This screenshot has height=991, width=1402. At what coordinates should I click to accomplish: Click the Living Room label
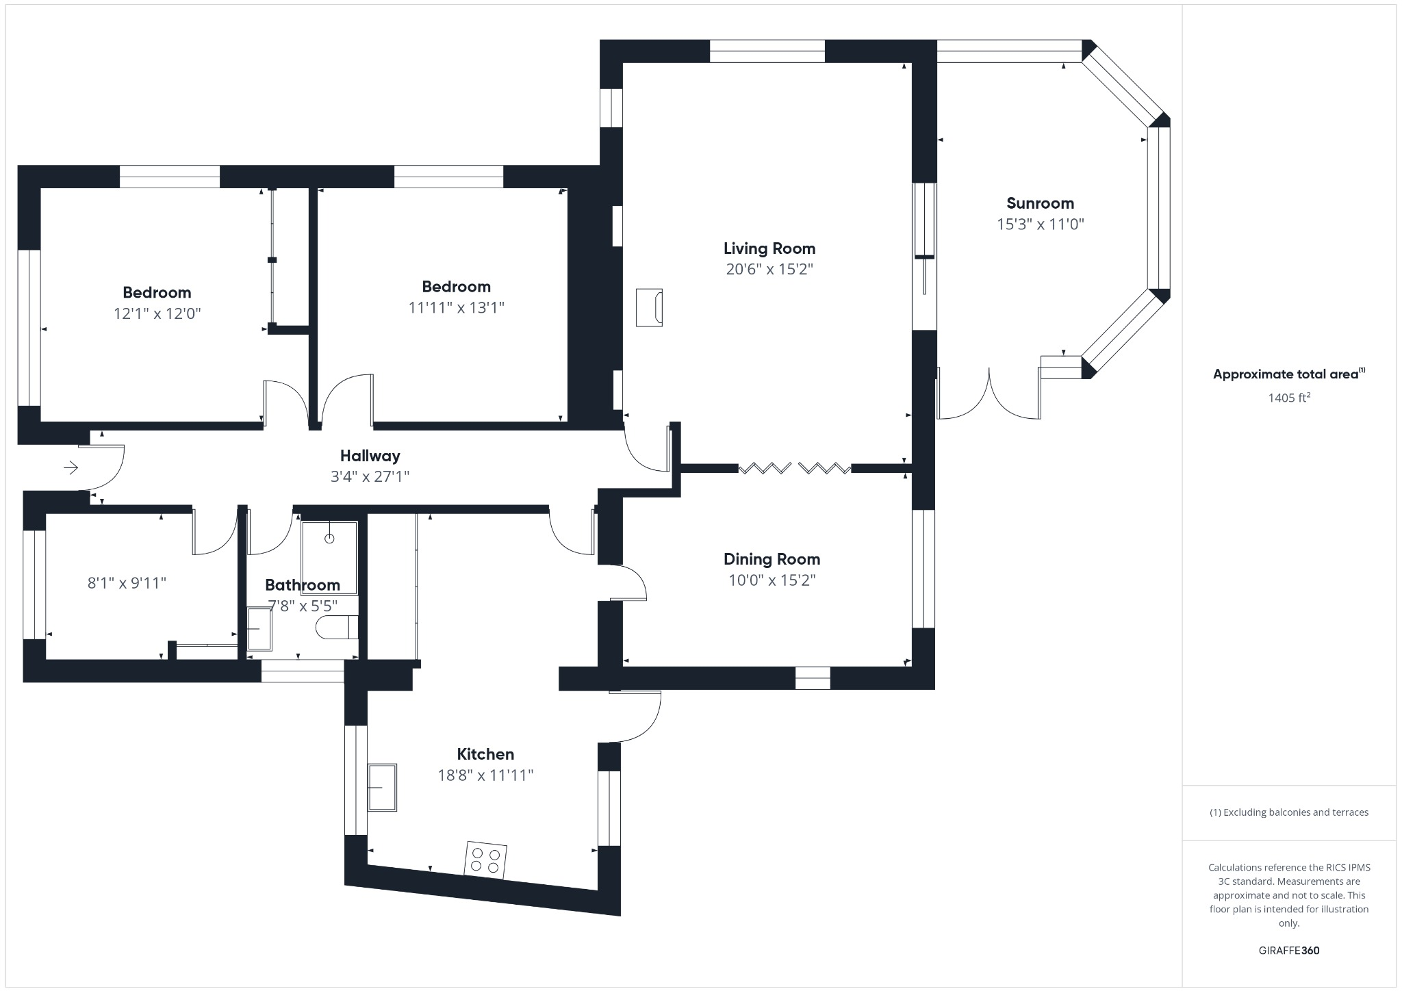point(769,248)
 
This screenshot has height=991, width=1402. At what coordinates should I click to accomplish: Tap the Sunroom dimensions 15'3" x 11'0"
point(1040,224)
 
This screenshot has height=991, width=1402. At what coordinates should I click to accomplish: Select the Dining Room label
point(772,559)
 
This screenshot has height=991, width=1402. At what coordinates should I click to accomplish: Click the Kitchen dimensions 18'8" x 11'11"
point(485,775)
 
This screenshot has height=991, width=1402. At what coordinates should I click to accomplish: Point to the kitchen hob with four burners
point(486,860)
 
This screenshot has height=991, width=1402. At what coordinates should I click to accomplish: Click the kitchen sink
point(383,788)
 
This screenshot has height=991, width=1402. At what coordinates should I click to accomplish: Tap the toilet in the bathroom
point(337,627)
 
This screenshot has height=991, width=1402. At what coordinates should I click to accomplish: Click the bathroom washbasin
point(259,629)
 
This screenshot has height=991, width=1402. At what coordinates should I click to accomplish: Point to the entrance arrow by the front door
point(71,468)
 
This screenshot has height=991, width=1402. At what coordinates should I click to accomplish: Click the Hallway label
point(370,456)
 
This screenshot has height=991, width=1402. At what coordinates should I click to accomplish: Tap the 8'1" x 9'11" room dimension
point(127,583)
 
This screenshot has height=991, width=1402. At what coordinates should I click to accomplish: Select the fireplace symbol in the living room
point(649,308)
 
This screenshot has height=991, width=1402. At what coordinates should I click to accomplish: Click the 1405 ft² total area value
point(1288,398)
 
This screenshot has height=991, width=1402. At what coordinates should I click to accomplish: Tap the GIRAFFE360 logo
point(1288,951)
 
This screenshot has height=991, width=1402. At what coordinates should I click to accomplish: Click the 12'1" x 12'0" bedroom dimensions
point(157,313)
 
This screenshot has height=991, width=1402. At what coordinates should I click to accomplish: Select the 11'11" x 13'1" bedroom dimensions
point(456,307)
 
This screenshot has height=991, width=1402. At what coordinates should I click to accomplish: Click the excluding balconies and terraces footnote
point(1288,812)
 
